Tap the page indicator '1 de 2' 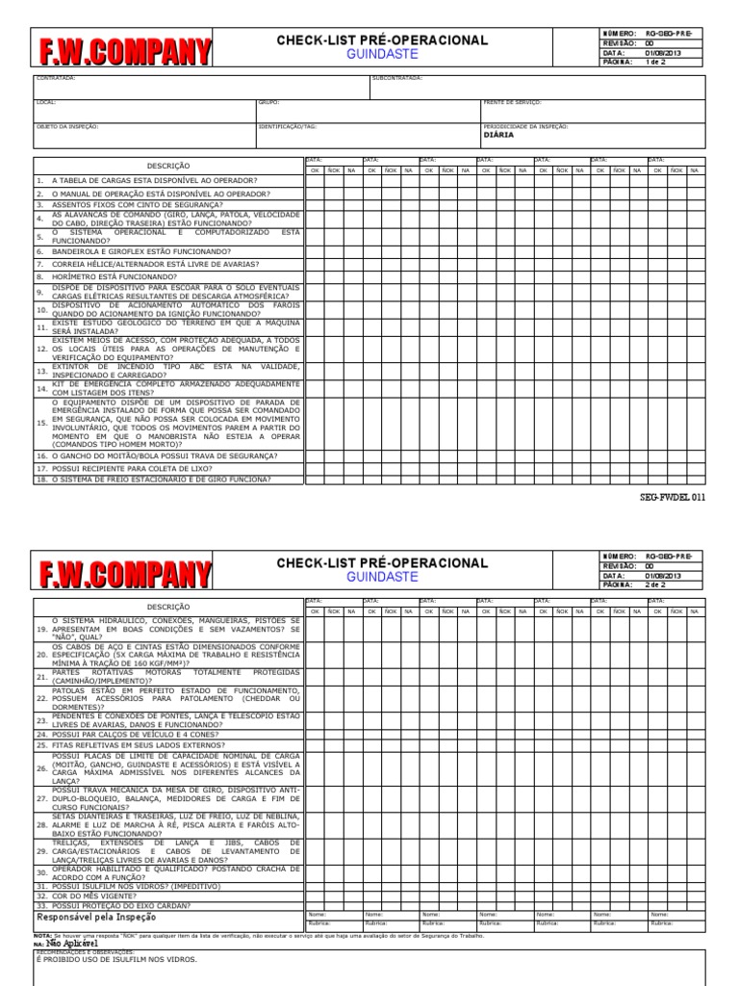(655, 62)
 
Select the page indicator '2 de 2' (655, 584)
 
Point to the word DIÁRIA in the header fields (497, 136)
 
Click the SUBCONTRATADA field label (396, 78)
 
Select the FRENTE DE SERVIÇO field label (512, 102)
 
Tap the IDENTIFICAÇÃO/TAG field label (287, 126)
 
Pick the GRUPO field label (268, 102)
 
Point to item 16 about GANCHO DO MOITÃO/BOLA (154, 455)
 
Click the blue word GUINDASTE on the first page (382, 56)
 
